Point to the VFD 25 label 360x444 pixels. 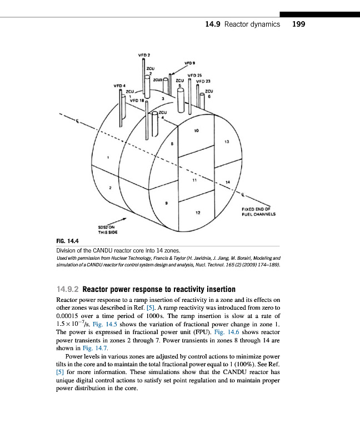[195, 75]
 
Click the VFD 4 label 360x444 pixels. [119, 85]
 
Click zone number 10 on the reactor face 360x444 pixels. [196, 131]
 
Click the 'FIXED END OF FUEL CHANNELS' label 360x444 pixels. [259, 211]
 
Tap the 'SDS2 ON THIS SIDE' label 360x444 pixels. [106, 230]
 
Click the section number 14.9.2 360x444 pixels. [68, 290]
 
